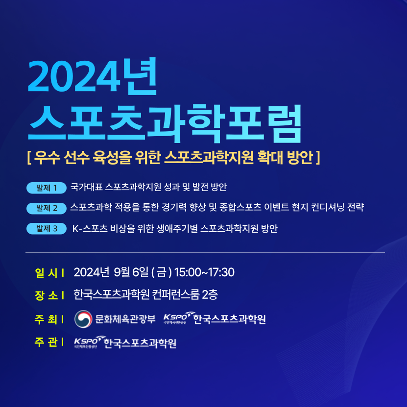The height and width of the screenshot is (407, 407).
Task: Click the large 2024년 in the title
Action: (x=92, y=76)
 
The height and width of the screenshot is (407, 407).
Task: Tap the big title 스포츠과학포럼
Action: (x=165, y=123)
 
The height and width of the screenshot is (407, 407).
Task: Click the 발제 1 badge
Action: (x=47, y=188)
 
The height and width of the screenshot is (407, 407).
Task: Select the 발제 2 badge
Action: (x=47, y=208)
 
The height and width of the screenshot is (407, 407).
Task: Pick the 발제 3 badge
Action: (x=47, y=228)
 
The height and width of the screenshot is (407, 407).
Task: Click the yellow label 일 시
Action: (x=46, y=273)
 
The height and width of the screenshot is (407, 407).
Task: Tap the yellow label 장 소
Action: (x=46, y=295)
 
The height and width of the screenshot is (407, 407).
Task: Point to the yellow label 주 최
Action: (x=46, y=319)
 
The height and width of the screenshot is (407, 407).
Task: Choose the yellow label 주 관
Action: (x=46, y=342)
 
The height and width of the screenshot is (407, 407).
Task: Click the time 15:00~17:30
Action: (x=204, y=272)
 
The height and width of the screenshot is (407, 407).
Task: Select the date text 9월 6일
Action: (x=131, y=272)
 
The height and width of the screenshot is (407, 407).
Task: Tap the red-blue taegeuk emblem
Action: (x=83, y=319)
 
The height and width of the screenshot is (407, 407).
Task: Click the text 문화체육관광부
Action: (x=125, y=319)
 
